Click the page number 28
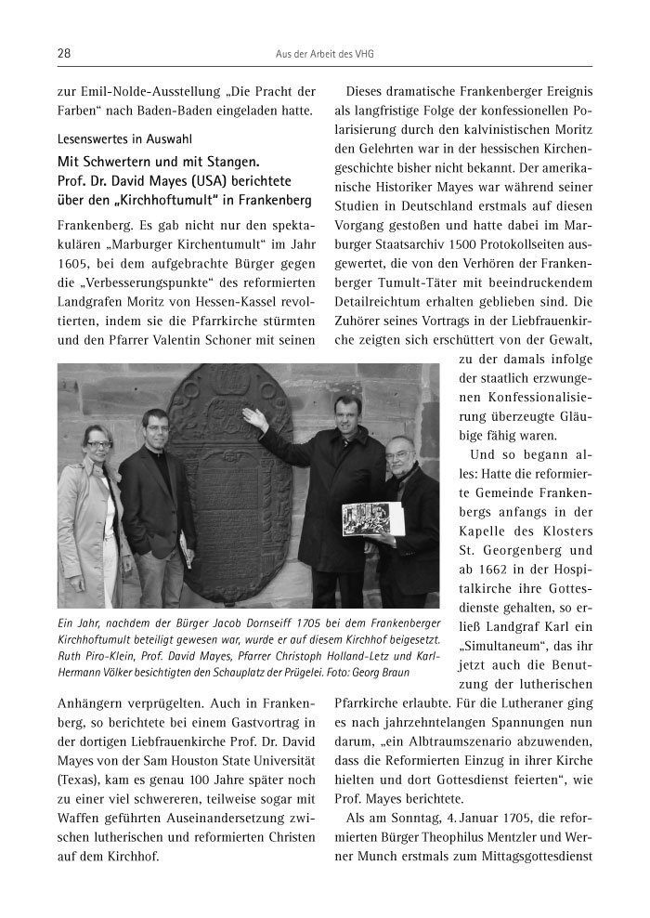[64, 53]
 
